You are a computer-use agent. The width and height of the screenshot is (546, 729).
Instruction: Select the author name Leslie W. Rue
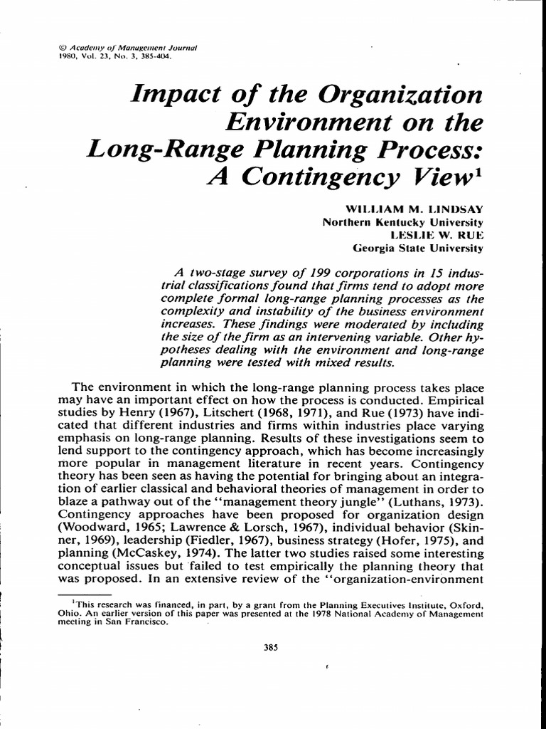pyautogui.click(x=437, y=234)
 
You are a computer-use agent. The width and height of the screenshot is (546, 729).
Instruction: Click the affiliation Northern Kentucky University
pyautogui.click(x=402, y=221)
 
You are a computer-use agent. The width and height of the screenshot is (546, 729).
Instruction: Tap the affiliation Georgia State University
pyautogui.click(x=418, y=248)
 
